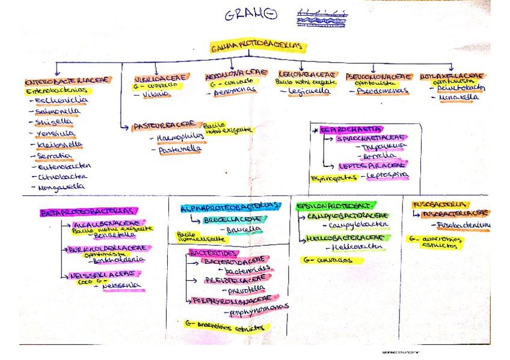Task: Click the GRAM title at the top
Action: click(251, 16)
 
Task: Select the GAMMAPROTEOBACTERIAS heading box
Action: click(259, 48)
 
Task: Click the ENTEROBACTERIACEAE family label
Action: click(67, 81)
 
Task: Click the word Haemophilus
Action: click(180, 137)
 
